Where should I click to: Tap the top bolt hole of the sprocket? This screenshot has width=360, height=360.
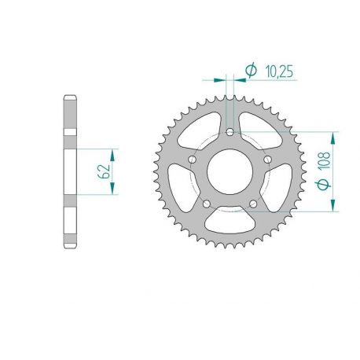pos(230,132)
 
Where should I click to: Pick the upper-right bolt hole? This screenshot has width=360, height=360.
pos(268,160)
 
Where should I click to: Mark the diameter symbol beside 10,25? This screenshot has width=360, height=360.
pos(251,72)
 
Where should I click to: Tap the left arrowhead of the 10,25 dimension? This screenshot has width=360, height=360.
pos(222,79)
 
